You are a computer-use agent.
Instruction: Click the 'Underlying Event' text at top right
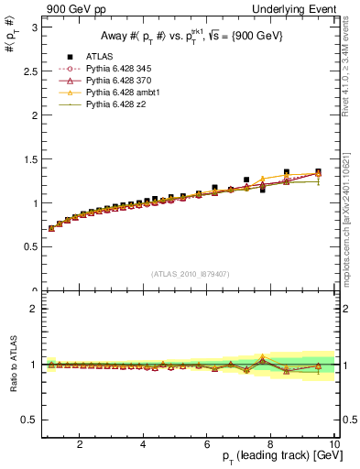pyautogui.click(x=300, y=8)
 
